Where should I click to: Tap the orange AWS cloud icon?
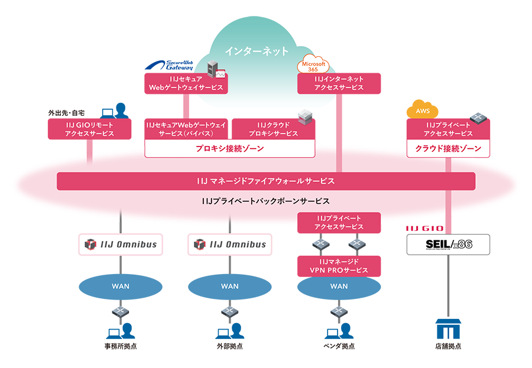[423, 110]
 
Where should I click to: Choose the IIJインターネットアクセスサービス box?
[339, 83]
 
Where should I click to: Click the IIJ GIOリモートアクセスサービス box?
[89, 129]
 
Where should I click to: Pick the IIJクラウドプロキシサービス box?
[273, 129]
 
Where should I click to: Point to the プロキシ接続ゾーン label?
[229, 149]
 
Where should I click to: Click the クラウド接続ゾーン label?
[448, 149]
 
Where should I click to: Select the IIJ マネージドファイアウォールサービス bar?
[265, 181]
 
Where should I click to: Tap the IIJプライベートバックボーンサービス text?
[265, 201]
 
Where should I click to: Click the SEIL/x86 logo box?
[448, 244]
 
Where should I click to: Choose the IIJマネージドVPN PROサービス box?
[339, 266]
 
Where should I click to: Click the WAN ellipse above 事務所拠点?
[121, 286]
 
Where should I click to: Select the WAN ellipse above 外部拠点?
[229, 286]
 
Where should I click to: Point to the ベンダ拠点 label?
[339, 346]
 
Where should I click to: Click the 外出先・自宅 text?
[66, 112]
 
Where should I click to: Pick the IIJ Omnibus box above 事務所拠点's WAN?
[121, 244]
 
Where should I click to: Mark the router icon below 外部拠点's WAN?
[229, 311]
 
